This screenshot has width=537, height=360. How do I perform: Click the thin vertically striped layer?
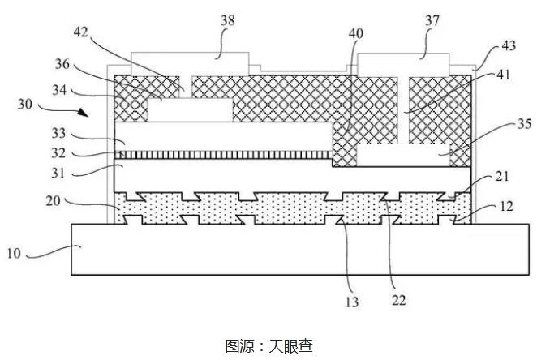[227, 152]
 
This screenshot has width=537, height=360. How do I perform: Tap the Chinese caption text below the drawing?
[268, 345]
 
